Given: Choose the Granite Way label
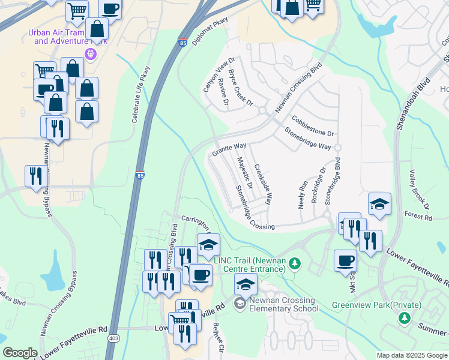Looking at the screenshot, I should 229,149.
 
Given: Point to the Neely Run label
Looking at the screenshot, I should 303,192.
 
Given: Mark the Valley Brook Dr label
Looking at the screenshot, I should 420,189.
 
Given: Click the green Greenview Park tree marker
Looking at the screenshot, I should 405,317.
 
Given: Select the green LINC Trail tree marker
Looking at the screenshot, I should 294,264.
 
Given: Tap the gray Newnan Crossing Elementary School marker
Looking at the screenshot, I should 240,305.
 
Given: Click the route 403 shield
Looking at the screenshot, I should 113,338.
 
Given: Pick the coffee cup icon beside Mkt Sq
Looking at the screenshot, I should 345,262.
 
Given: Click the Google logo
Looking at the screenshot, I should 20,353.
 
